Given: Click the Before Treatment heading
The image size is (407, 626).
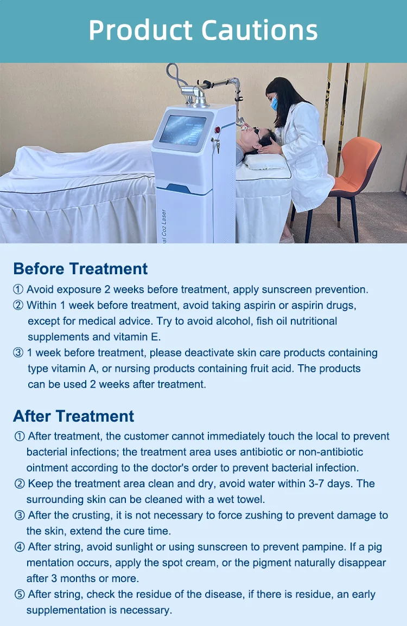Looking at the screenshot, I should pyautogui.click(x=80, y=269).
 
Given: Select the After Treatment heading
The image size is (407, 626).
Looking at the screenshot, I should pyautogui.click(x=73, y=416).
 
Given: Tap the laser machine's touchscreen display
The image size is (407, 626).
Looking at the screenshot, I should pyautogui.click(x=182, y=130).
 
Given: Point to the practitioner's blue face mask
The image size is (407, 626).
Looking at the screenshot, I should pyautogui.click(x=275, y=103).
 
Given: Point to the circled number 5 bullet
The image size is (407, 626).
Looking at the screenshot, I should pyautogui.click(x=20, y=595).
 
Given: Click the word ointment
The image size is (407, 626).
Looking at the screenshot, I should pyautogui.click(x=48, y=467).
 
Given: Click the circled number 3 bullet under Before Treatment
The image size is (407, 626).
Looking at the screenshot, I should pyautogui.click(x=18, y=353).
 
